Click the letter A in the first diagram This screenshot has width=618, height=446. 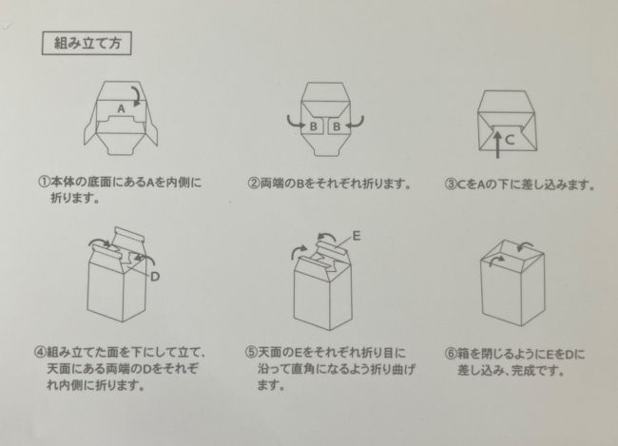(121, 110)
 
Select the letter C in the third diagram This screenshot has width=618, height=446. (510, 139)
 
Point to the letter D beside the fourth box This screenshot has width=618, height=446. (154, 277)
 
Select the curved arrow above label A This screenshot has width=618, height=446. (139, 94)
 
